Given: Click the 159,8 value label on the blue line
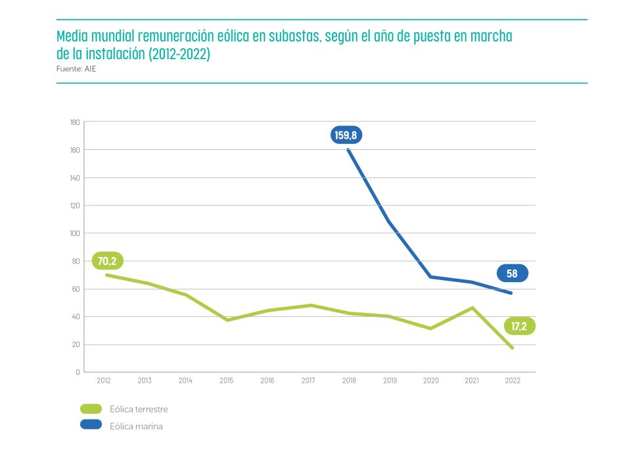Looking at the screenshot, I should pos(346,135).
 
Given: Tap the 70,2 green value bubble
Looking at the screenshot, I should pos(106,261).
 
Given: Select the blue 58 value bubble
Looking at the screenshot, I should pos(513,273).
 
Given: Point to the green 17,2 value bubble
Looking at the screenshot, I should pos(519,326).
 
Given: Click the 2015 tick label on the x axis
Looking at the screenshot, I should pos(226,381).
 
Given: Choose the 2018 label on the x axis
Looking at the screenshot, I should pos(348,381).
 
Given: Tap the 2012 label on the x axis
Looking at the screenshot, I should pos(103,381).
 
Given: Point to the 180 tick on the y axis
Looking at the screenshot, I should pos(74,122).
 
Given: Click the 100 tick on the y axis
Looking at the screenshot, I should pos(74,233).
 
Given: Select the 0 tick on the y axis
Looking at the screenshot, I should pos(78,372).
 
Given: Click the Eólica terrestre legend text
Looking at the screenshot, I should pos(139,409).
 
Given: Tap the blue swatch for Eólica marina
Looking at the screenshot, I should pos(91,425).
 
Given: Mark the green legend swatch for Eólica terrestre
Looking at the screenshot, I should pos(91,409).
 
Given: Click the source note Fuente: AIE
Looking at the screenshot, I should pos(76,68).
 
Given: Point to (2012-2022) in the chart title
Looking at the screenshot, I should pos(179,55).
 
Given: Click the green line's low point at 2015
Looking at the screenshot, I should pos(227,320).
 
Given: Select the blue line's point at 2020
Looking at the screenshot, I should pos(430,277).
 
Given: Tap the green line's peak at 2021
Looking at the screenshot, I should pos(471,308).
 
